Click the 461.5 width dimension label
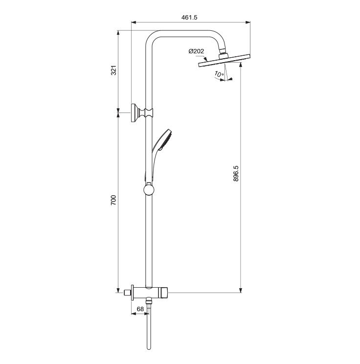tap(189, 18)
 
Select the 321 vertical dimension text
tap(113, 70)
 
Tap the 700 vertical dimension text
tap(113, 200)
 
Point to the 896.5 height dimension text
tap(236, 173)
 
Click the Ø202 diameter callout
tap(196, 51)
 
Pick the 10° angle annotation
tap(219, 74)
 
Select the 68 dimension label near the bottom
tap(140, 309)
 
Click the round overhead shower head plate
tap(224, 61)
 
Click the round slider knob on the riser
tap(149, 190)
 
